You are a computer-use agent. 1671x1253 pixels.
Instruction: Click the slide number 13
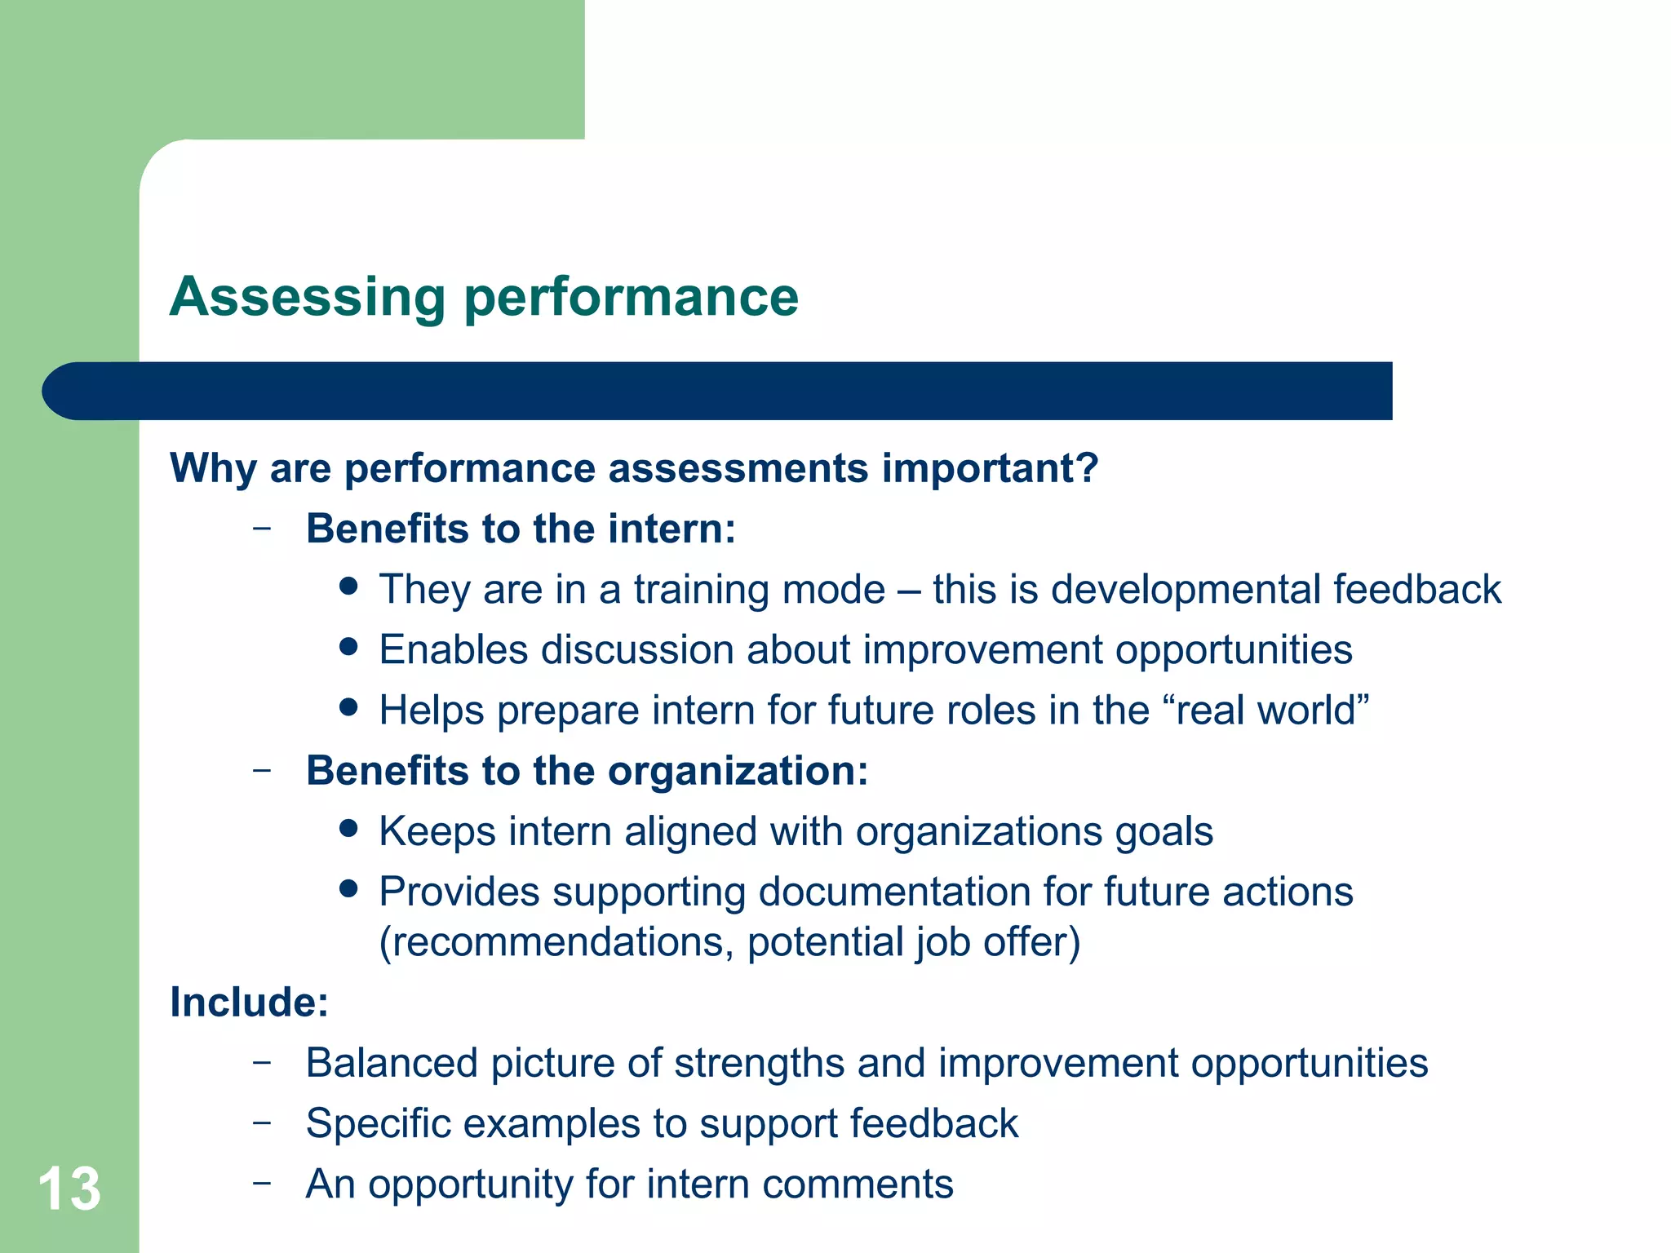(69, 1189)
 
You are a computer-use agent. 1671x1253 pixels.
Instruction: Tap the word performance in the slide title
(631, 298)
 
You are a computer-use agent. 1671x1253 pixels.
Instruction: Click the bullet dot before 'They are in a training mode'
(349, 587)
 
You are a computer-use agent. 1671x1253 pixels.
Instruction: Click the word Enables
(454, 650)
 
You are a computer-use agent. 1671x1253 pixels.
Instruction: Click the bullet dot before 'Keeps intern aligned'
(349, 829)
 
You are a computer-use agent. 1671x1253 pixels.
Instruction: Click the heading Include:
(249, 1003)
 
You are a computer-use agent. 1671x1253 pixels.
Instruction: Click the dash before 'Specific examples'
(262, 1123)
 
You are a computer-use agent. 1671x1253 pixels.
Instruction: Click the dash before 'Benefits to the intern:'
(262, 529)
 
